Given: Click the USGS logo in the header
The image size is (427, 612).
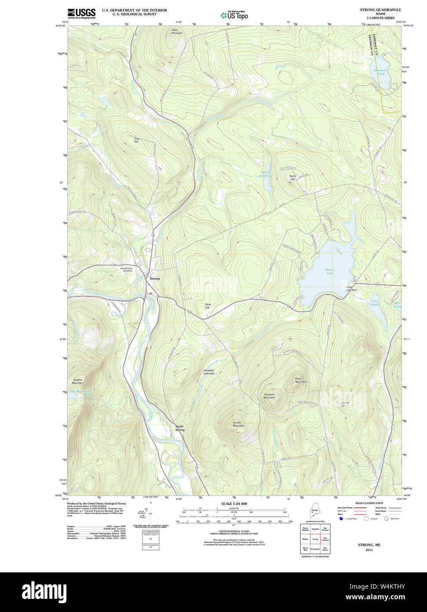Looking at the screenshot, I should coord(81,13).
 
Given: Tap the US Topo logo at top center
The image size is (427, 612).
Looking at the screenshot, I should coord(235,15).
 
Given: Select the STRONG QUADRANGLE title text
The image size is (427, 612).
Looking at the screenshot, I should coord(380,10).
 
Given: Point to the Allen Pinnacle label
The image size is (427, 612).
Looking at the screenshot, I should coord(176,31).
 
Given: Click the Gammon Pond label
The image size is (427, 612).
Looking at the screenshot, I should coord(380,72).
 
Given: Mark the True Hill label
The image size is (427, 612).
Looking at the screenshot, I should coord(136,140).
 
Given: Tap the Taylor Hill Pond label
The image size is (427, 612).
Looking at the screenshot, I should coord(266,174).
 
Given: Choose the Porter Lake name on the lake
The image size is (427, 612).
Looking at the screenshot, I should coord(330,271).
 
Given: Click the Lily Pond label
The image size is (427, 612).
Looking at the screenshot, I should coord(374,303).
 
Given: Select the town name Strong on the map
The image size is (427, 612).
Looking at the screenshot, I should coord(154,279).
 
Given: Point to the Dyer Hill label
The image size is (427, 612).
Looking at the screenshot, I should coord(208,306).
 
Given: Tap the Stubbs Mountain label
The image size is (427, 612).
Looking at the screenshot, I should coord(77,381).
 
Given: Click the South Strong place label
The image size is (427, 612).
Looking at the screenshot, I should coord(179,428).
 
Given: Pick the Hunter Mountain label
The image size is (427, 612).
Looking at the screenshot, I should coord(238,424).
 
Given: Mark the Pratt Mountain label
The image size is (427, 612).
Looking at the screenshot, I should coord(301,380).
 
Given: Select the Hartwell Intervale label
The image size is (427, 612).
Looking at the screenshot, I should coord(208,372).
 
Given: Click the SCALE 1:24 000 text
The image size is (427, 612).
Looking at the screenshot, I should coord(234,504).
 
